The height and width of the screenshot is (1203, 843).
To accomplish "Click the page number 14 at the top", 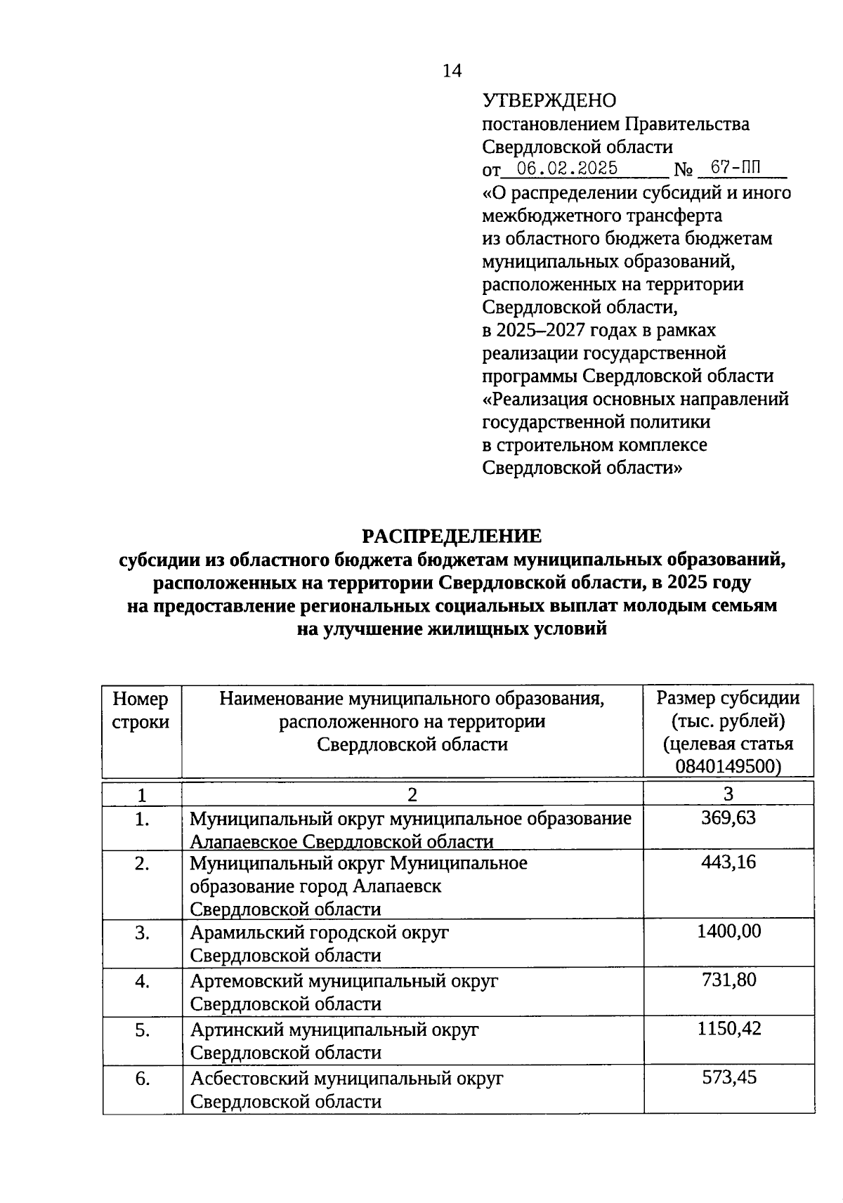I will pos(452,71).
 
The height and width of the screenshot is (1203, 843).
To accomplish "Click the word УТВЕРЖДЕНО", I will pos(549,101).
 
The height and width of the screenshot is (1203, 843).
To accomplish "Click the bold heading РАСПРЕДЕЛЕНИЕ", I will pos(452,537).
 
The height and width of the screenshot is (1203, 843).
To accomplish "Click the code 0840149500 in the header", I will pos(728,765).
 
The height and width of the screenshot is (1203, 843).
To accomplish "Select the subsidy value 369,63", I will pos(728,817).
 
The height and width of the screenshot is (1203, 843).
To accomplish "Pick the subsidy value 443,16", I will pos(728,862).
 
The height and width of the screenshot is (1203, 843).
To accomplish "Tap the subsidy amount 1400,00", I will pos(728,932).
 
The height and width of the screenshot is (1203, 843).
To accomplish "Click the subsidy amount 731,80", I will pos(728,980).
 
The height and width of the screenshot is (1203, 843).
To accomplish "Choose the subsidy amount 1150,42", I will pos(728,1029).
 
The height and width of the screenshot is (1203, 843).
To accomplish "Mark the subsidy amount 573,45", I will pos(729,1077).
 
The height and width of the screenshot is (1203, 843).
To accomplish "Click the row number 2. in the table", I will pos(142,864).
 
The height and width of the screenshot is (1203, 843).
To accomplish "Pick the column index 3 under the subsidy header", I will pos(728,794).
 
